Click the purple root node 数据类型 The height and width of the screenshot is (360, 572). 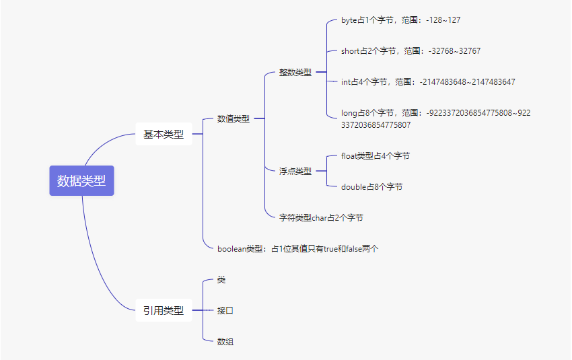[x=81, y=180]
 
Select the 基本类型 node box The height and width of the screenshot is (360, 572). [x=164, y=134]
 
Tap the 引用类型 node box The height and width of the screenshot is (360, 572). [x=164, y=310]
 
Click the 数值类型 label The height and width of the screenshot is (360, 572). [x=233, y=118]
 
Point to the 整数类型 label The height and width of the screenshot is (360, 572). [x=295, y=72]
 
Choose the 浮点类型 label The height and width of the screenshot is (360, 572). [x=295, y=171]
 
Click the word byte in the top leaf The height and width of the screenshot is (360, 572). [x=349, y=20]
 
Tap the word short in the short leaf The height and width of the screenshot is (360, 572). [x=351, y=50]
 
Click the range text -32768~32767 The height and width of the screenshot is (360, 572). [x=454, y=50]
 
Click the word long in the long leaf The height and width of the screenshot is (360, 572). [x=349, y=112]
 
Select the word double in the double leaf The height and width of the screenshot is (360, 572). [x=353, y=186]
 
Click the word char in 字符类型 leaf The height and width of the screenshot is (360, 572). [x=319, y=217]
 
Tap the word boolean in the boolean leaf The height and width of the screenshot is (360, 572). [x=232, y=248]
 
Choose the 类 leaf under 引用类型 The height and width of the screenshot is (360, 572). [x=221, y=279]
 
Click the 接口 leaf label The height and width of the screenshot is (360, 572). [x=225, y=310]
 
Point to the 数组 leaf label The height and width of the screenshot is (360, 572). [x=225, y=341]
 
